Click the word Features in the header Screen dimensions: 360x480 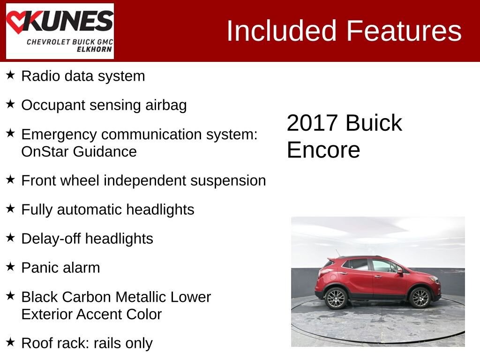(x=404, y=31)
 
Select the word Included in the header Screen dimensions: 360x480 (x=282, y=31)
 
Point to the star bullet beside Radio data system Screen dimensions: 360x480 (x=11, y=75)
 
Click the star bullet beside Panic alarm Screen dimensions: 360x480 (x=11, y=267)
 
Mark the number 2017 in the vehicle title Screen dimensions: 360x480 (x=312, y=123)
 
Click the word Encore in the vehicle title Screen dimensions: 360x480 (x=323, y=150)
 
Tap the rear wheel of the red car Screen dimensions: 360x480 (x=336, y=298)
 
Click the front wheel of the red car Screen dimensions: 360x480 (x=420, y=297)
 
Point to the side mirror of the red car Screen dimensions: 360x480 (x=399, y=270)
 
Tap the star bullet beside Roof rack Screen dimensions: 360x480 (x=11, y=342)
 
